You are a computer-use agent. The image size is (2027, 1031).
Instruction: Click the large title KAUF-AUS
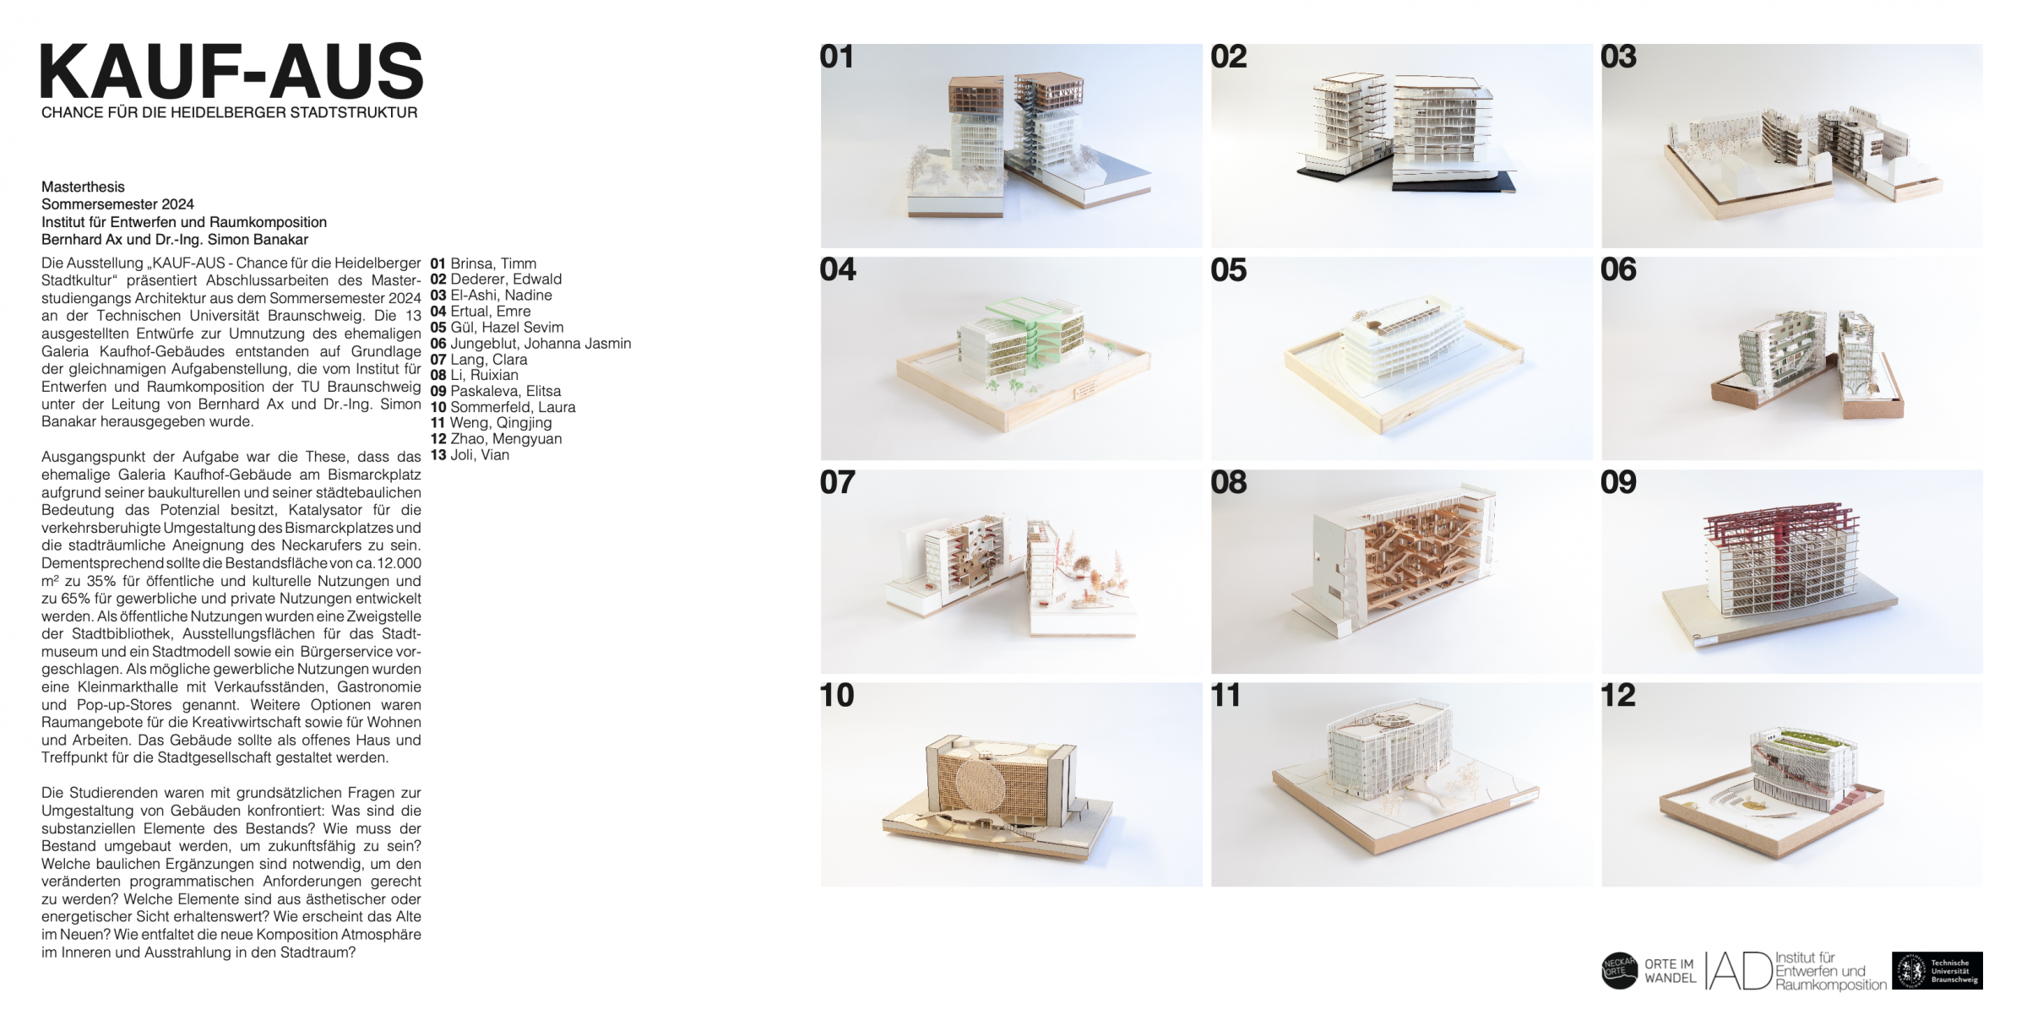coord(231,72)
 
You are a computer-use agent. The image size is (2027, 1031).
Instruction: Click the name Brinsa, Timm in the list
coord(493,263)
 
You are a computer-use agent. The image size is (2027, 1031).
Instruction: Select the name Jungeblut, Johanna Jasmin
coord(541,344)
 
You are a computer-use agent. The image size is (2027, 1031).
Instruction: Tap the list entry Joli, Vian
coord(480,455)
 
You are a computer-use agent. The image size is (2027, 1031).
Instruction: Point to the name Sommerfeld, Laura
coord(513,407)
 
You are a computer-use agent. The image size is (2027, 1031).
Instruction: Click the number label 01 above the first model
coord(837,57)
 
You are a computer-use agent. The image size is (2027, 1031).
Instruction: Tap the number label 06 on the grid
coord(1618,269)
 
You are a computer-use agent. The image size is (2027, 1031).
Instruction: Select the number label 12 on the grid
coord(1618,695)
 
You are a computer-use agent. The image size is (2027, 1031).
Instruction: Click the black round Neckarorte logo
coord(1619,971)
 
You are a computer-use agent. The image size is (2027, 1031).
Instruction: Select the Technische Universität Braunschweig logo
coord(1937,971)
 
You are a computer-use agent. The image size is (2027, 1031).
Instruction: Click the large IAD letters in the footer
coord(1738,971)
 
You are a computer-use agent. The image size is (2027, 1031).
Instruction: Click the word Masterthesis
coord(83,187)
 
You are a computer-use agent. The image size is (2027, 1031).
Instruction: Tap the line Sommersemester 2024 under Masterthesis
coord(117,204)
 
